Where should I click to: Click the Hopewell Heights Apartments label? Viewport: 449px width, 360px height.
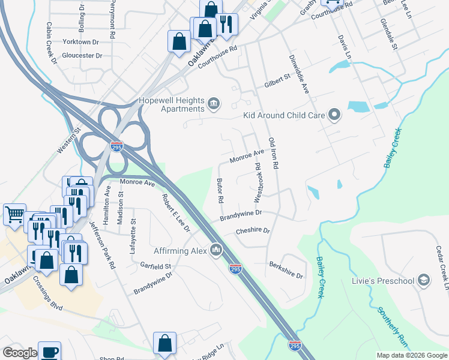(x=171, y=104)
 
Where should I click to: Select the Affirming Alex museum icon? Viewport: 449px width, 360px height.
(x=217, y=250)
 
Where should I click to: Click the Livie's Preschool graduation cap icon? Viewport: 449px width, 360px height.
(x=424, y=280)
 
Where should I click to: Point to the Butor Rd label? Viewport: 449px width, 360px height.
(x=220, y=190)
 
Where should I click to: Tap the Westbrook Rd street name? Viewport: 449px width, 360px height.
(x=258, y=181)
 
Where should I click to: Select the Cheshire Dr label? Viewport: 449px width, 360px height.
(x=253, y=230)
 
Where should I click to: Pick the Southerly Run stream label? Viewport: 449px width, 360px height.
(x=393, y=325)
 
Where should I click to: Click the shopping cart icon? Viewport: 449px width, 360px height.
(x=14, y=214)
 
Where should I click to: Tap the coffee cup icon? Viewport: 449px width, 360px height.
(x=49, y=352)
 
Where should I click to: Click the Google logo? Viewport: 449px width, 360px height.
(x=20, y=353)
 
